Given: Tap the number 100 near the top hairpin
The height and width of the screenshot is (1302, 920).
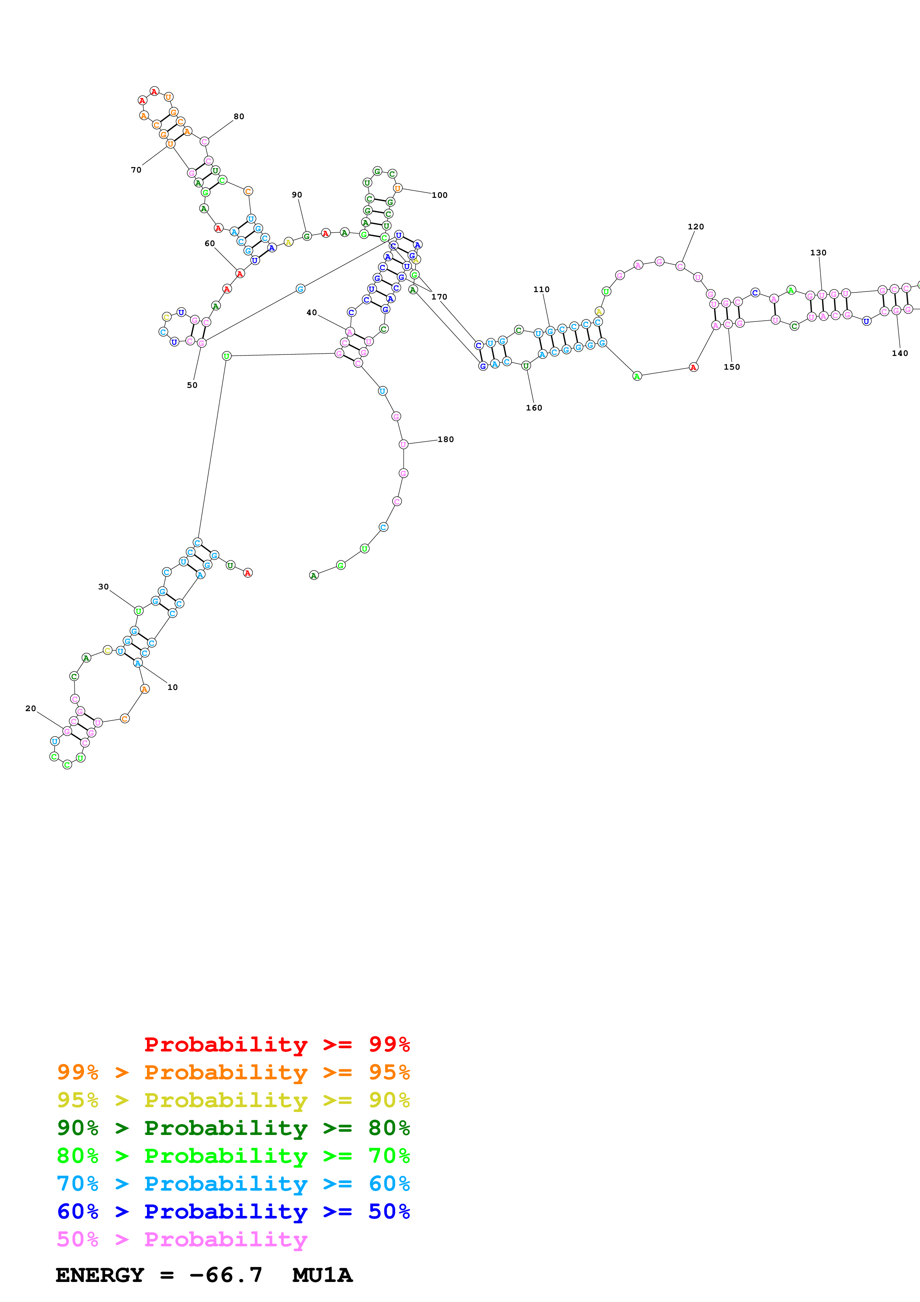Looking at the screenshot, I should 439,195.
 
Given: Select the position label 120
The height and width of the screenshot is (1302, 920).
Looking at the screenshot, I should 695,227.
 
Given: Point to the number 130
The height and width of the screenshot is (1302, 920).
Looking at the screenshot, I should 818,253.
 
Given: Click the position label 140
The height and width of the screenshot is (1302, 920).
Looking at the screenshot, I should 900,353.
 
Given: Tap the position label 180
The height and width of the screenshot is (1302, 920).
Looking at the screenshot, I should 446,439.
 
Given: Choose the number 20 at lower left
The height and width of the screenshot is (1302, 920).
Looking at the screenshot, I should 30,708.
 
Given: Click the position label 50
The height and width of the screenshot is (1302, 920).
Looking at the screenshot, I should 192,385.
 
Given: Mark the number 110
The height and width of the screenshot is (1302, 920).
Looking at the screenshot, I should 541,289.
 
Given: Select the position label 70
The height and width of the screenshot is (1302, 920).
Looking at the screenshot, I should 136,170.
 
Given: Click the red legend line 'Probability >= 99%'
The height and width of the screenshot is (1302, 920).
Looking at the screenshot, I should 276,1044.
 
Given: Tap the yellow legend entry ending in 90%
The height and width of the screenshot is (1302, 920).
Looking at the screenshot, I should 233,1100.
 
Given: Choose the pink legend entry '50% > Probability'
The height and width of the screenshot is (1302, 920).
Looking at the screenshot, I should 182,1239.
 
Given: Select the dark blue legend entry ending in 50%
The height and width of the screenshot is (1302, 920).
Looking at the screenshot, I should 233,1211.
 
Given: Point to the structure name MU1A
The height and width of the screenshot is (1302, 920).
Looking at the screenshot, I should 322,1275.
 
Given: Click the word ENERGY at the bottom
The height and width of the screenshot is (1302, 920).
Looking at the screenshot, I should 100,1275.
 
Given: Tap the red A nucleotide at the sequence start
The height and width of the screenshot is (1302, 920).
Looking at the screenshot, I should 248,573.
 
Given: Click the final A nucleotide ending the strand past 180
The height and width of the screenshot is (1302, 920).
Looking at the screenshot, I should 314,576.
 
